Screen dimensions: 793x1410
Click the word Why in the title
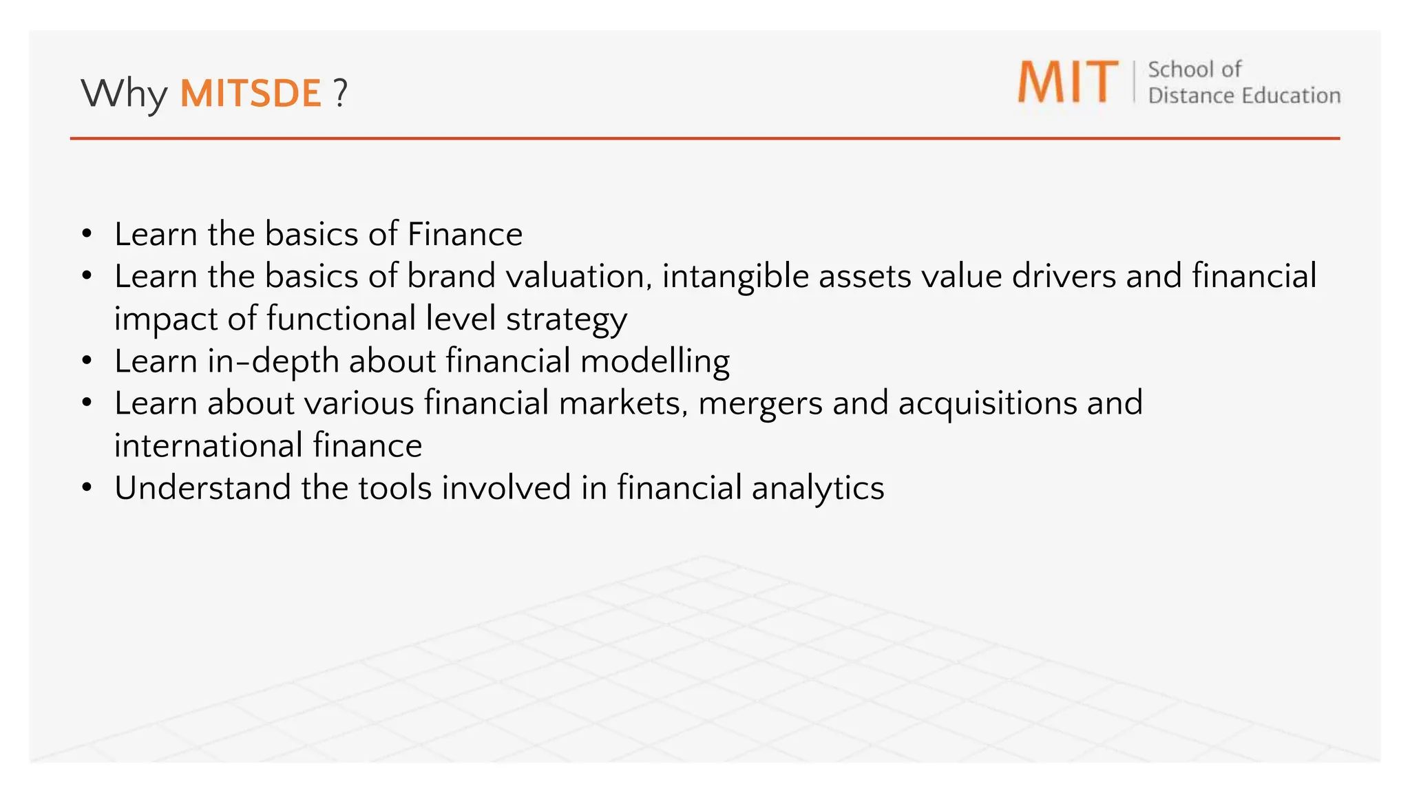coord(124,93)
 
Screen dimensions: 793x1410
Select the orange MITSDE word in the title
coord(251,93)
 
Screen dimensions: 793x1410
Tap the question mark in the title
coord(340,93)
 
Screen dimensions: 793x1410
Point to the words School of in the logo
coord(1195,70)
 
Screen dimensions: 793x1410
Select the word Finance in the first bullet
coord(465,234)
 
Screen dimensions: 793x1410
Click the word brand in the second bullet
coord(451,276)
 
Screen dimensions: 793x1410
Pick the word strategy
coord(567,319)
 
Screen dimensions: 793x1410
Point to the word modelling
coord(655,361)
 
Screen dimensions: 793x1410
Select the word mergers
coord(760,403)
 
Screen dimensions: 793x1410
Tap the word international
coord(209,445)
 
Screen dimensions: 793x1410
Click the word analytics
coord(818,488)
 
